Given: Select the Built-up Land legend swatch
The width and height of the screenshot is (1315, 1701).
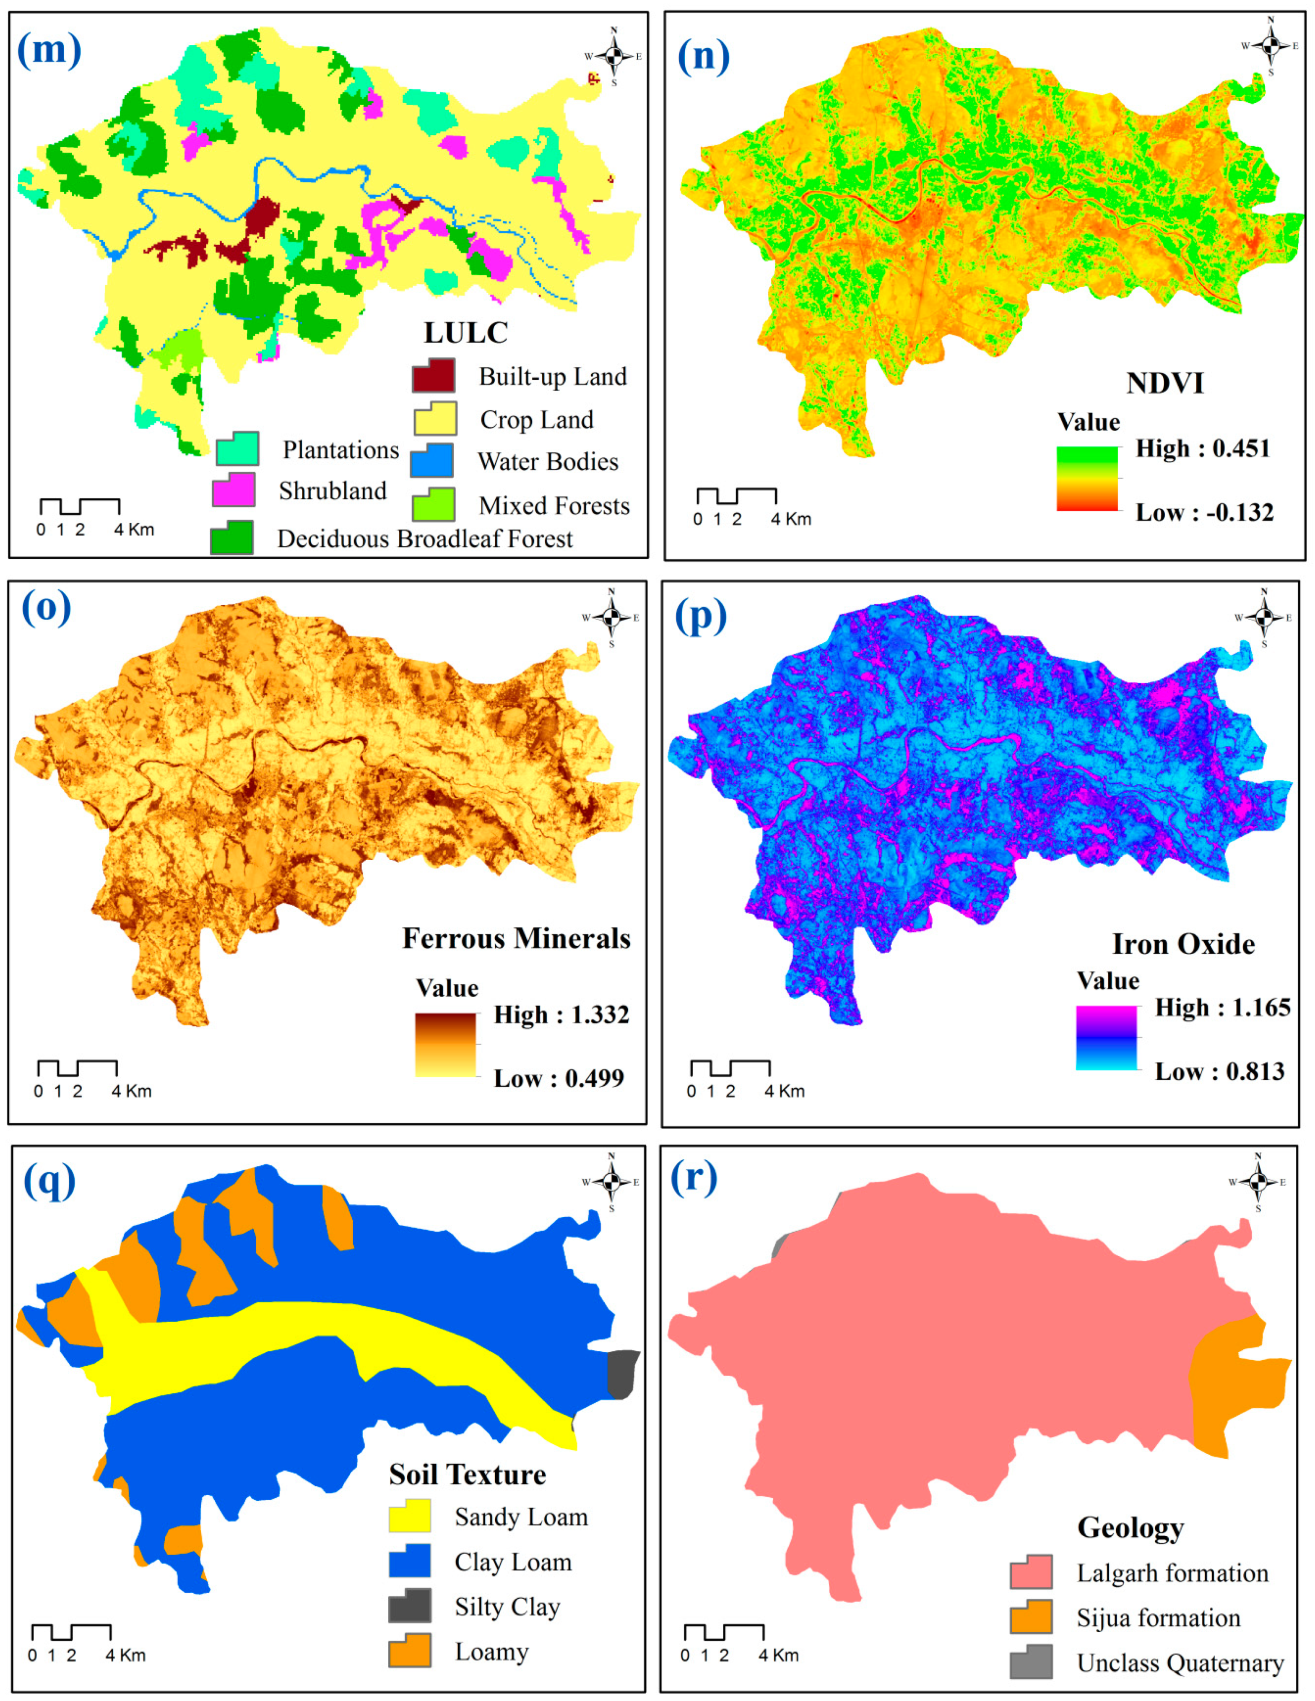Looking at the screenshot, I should pyautogui.click(x=433, y=376).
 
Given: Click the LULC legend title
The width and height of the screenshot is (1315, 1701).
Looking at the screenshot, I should pyautogui.click(x=465, y=332).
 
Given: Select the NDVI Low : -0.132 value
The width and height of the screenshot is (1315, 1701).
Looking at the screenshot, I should pyautogui.click(x=1203, y=513).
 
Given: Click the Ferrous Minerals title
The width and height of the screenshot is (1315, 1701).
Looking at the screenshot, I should pyautogui.click(x=516, y=939).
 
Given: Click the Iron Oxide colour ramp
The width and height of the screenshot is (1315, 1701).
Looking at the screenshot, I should pyautogui.click(x=1106, y=1037).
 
